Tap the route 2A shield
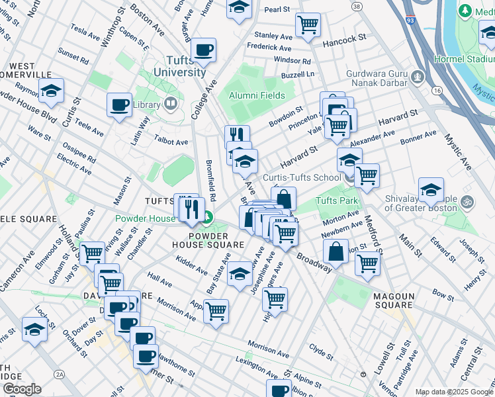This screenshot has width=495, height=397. point(60,375)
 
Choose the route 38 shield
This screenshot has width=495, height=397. point(357,6)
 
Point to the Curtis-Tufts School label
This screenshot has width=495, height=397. point(302,177)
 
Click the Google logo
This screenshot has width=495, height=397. point(22,389)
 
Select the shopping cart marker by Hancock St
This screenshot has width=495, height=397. point(308,25)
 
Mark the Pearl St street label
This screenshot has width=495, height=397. point(277,9)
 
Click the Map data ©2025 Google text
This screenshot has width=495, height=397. point(454,392)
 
